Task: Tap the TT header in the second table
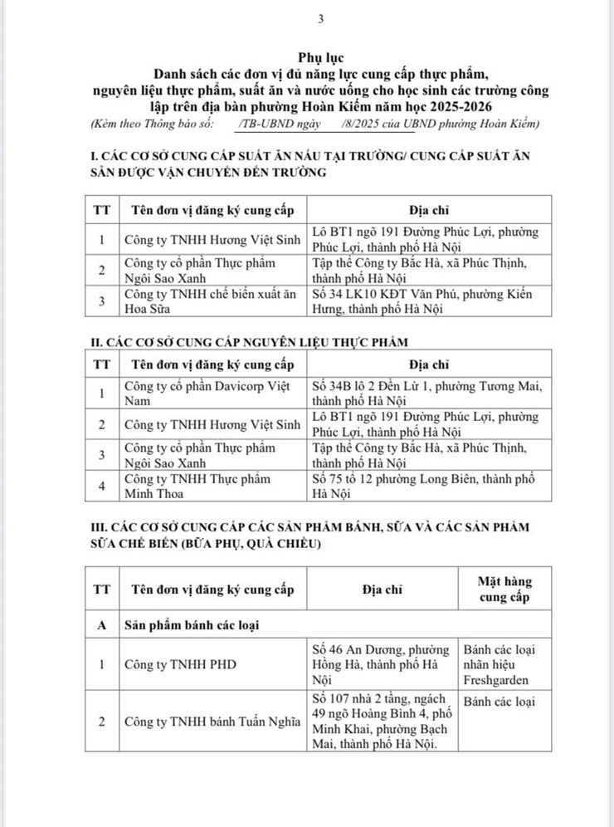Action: tap(102, 363)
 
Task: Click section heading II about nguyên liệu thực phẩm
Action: tap(249, 342)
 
